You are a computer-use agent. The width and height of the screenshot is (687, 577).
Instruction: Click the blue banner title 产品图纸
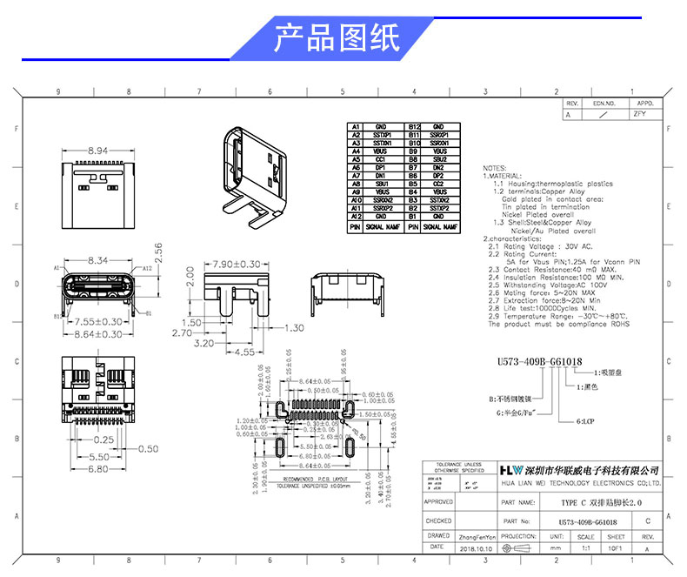[337, 38]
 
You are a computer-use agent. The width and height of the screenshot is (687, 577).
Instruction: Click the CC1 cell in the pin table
[380, 159]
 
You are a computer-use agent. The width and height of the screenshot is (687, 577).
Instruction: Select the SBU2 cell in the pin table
[438, 159]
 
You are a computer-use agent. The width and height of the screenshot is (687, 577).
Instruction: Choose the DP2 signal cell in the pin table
[438, 176]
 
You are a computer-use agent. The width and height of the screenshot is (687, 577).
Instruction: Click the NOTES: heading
[494, 167]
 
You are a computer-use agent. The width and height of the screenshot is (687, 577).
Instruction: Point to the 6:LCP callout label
[588, 420]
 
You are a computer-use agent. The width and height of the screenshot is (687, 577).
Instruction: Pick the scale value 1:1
[585, 549]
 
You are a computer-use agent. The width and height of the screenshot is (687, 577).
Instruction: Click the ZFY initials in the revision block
[640, 113]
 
